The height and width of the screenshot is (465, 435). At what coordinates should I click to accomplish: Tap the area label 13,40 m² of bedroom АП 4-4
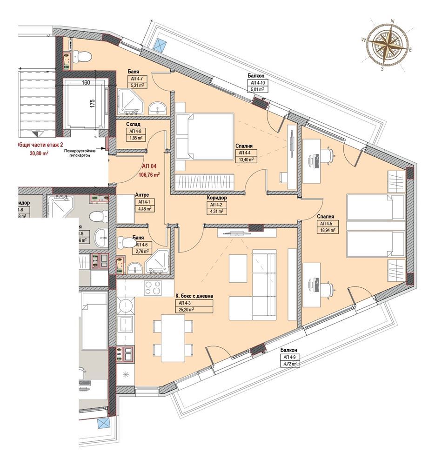click(x=246, y=159)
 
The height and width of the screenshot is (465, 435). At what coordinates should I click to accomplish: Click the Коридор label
click(x=217, y=198)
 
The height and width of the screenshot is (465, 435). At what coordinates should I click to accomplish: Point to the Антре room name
click(x=141, y=195)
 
